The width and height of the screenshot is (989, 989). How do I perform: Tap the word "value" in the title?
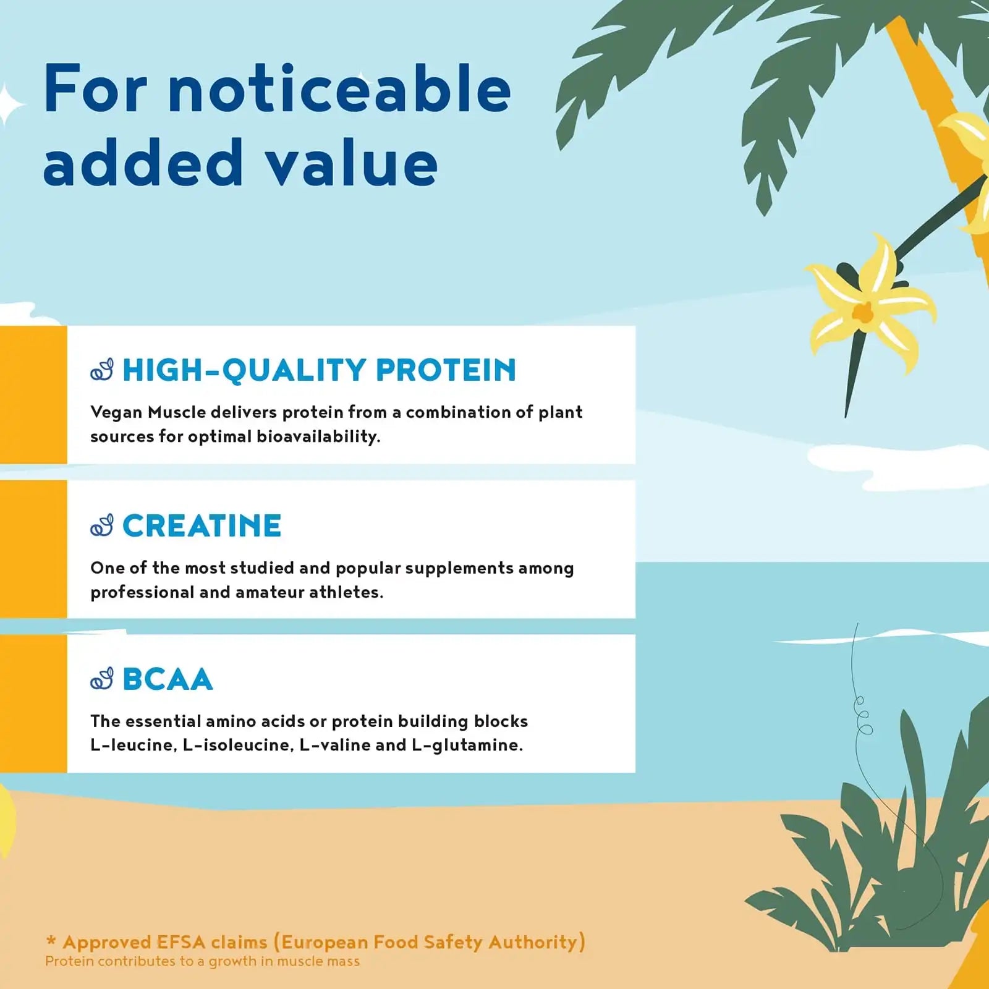coord(351,162)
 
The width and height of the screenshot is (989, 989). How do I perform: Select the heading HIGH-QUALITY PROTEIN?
coord(319,370)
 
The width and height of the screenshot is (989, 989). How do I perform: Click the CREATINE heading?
coord(202,526)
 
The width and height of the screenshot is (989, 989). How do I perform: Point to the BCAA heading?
coord(168,679)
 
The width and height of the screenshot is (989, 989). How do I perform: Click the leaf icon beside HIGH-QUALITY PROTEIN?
coord(102,370)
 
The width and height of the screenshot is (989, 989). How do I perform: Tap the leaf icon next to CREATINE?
coord(102,525)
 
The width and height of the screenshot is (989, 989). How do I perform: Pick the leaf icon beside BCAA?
coord(102,679)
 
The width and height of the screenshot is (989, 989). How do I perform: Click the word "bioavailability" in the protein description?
coord(318,436)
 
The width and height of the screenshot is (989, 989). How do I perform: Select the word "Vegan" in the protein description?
coord(116,412)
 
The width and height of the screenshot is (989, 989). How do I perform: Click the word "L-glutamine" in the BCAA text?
coord(467,745)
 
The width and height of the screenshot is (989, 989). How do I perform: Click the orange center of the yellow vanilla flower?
coord(863,312)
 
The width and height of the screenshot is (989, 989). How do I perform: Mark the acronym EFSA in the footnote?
coord(181,942)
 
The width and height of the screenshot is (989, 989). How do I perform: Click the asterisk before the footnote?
coord(51,941)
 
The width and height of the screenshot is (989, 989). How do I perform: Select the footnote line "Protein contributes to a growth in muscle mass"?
coord(202,961)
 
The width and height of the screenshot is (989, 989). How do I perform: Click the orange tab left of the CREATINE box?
coord(33,549)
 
